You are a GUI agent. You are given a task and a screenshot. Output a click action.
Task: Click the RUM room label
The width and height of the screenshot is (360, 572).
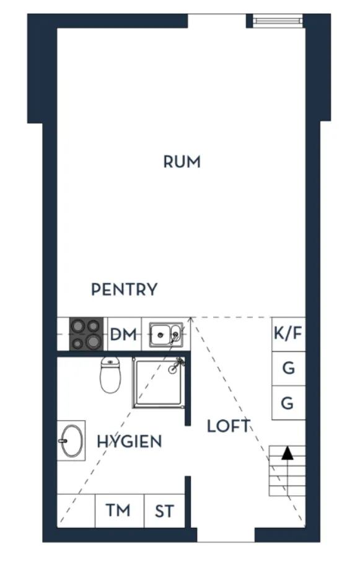[182, 162]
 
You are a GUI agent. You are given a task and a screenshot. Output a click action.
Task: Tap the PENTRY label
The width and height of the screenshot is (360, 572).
[124, 289]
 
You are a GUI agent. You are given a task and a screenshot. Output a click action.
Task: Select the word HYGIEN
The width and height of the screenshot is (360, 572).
[129, 442]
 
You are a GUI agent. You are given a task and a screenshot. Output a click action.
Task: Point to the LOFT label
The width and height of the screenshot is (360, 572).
[229, 426]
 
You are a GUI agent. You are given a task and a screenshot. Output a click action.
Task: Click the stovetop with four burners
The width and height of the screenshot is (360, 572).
[87, 334]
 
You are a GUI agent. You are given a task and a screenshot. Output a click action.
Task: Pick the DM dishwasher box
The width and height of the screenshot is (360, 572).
[123, 334]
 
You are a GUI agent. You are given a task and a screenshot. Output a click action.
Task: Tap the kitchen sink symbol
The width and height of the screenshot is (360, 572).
[166, 335]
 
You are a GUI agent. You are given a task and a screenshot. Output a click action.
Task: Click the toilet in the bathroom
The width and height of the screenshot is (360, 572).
[110, 375]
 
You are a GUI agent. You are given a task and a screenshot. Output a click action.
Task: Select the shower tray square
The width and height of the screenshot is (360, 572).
[158, 382]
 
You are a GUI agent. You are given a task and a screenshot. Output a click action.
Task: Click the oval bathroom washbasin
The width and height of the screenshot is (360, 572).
[71, 441]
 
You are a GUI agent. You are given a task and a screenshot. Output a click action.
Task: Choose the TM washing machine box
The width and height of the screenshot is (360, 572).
[119, 511]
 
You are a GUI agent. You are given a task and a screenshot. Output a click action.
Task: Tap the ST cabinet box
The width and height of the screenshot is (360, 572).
[164, 511]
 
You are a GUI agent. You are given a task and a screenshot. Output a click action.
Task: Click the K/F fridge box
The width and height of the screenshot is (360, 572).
[289, 334]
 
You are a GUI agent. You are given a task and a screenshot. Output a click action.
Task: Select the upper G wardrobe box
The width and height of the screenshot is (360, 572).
[289, 369]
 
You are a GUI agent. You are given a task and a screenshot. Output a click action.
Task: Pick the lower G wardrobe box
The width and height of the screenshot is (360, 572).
[289, 403]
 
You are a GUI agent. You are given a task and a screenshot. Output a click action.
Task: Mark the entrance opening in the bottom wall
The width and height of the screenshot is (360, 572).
[226, 534]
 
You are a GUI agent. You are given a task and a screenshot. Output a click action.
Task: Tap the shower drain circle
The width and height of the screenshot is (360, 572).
[172, 369]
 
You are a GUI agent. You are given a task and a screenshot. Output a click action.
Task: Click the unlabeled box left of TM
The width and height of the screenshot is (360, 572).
[76, 511]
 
